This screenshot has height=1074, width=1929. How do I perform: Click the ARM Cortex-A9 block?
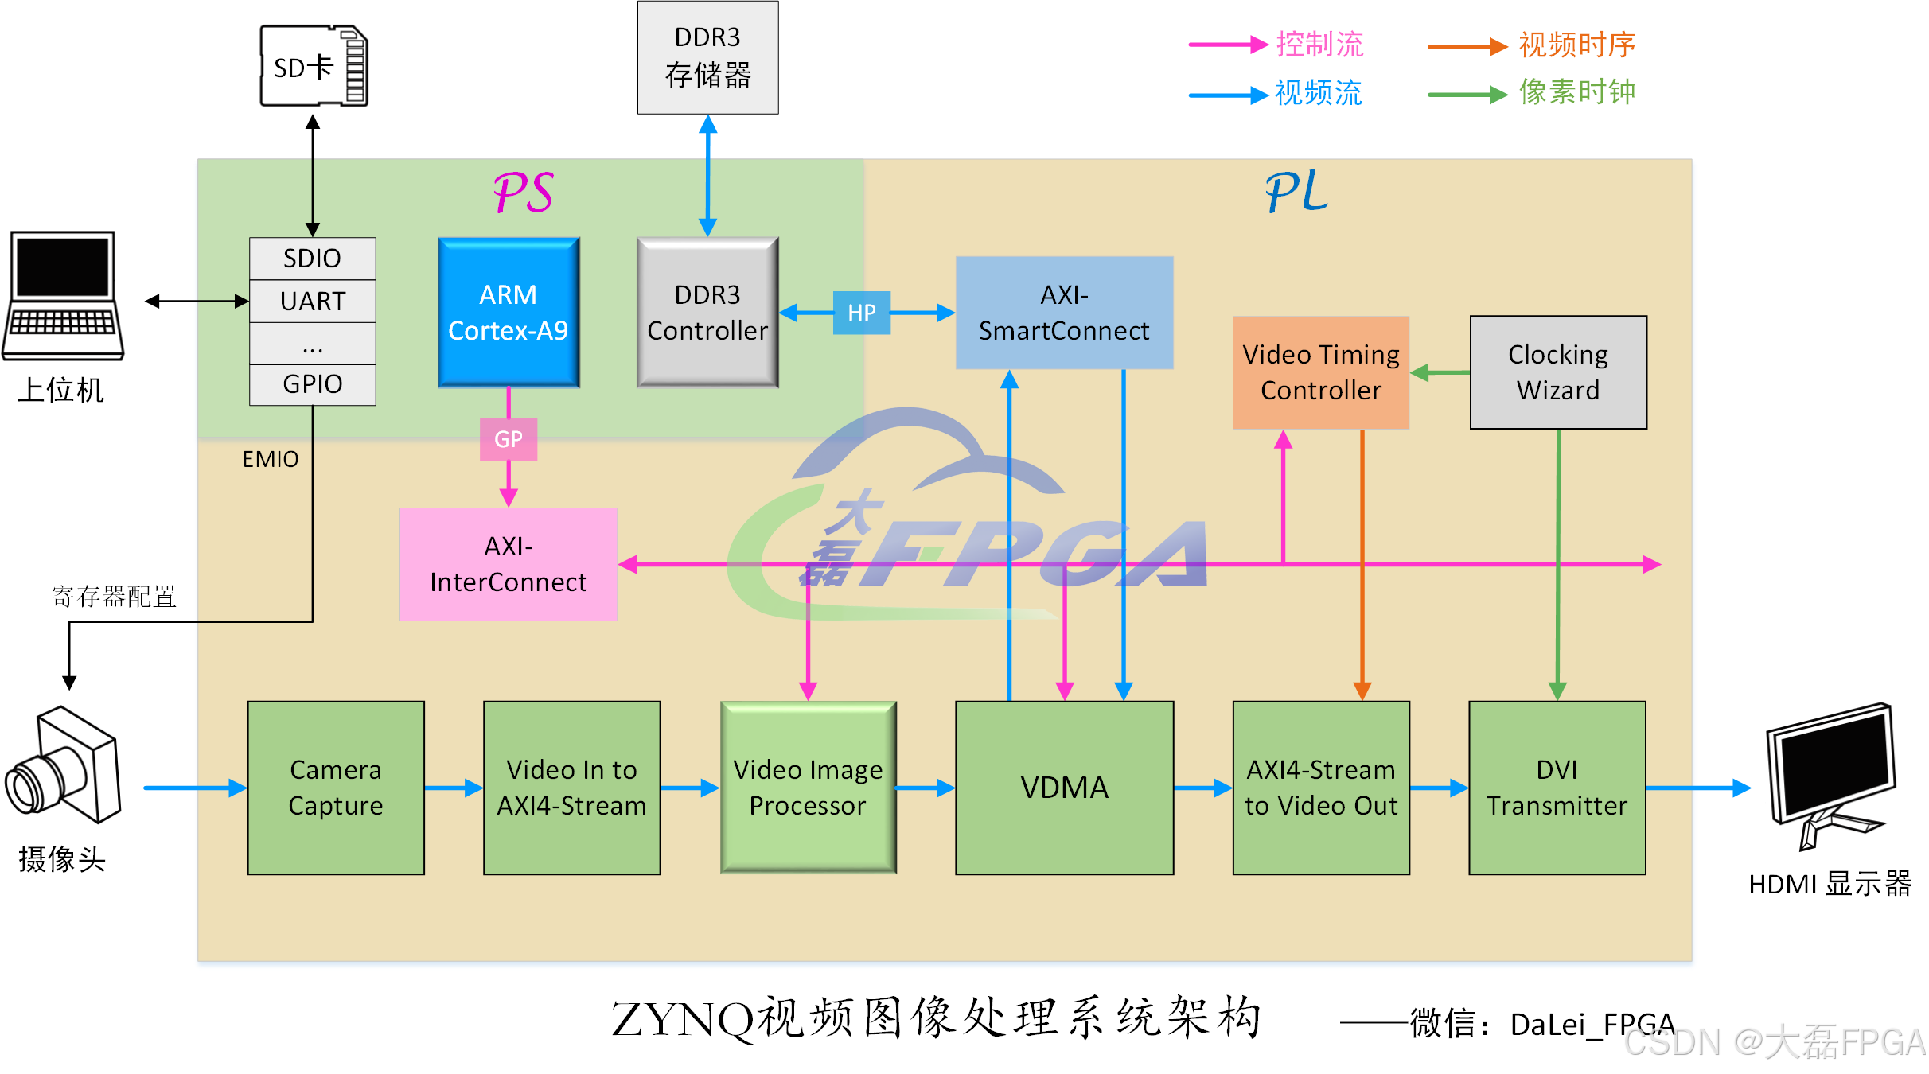point(508,313)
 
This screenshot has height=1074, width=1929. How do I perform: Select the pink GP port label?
point(508,439)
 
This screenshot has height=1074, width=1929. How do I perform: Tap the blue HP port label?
point(861,313)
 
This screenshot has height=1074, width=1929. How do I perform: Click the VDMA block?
point(1064,788)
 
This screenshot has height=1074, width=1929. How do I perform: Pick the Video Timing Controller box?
point(1320,372)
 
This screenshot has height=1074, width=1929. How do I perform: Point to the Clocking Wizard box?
point(1557,372)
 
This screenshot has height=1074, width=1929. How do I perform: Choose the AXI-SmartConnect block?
point(1064,313)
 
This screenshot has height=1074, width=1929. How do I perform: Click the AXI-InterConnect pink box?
point(508,564)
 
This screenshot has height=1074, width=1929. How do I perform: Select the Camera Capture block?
point(335,788)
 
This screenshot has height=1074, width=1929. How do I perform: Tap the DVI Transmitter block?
point(1557,788)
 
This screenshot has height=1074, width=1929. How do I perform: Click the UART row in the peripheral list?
point(312,302)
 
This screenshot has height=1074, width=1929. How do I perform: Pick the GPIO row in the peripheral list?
point(312,384)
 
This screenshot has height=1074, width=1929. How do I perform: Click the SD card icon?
point(314,66)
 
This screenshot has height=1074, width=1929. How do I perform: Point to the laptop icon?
point(63,296)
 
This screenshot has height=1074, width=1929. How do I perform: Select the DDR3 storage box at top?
point(707,57)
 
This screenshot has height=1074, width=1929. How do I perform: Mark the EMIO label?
point(270,460)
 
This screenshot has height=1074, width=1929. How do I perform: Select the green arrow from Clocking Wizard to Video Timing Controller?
point(1440,372)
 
